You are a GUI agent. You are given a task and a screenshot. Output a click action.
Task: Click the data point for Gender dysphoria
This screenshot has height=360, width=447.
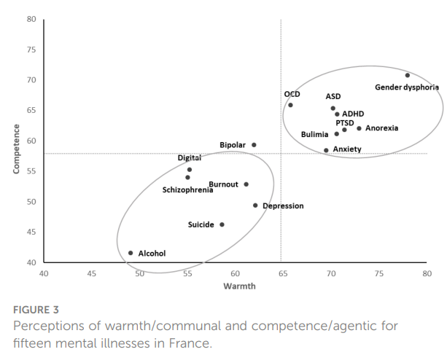pyautogui.click(x=408, y=75)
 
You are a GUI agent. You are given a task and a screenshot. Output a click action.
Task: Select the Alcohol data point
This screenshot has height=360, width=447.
pyautogui.click(x=131, y=253)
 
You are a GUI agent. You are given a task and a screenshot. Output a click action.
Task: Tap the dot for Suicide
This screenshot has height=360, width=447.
pyautogui.click(x=222, y=224)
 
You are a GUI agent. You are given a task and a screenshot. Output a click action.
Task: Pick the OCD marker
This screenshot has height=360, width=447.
pyautogui.click(x=290, y=105)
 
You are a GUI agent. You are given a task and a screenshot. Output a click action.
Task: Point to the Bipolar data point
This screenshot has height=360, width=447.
pyautogui.click(x=254, y=145)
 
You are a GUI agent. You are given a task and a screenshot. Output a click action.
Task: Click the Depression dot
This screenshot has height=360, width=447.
pyautogui.click(x=255, y=206)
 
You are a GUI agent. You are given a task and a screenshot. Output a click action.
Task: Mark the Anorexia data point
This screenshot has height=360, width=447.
pyautogui.click(x=359, y=128)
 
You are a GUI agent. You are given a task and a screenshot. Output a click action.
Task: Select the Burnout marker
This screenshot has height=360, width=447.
pyautogui.click(x=246, y=184)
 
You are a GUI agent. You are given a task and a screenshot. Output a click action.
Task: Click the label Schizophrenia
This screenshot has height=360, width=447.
pyautogui.click(x=187, y=190)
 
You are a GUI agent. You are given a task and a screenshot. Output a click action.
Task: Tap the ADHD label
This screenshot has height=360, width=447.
pyautogui.click(x=353, y=114)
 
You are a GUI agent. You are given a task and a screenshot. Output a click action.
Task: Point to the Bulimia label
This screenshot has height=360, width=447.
pyautogui.click(x=315, y=135)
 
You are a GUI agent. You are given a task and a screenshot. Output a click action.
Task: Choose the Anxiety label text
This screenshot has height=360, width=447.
pyautogui.click(x=347, y=149)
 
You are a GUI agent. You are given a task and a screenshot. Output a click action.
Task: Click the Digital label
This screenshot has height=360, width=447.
pyautogui.click(x=190, y=158)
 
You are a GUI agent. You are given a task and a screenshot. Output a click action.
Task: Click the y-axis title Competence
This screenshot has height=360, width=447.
pyautogui.click(x=16, y=149)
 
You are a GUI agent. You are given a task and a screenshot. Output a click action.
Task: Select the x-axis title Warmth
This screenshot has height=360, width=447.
pyautogui.click(x=236, y=286)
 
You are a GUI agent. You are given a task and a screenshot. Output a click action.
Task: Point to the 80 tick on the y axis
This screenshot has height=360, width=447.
pyautogui.click(x=31, y=19)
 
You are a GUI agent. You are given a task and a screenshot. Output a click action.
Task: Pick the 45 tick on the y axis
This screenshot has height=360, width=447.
pyautogui.click(x=31, y=232)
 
